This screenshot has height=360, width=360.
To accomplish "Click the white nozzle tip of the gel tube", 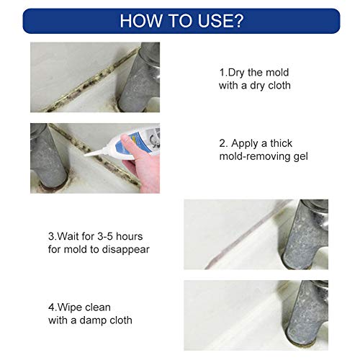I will (x=90, y=153).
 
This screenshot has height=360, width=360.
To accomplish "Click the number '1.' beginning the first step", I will (x=222, y=73).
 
